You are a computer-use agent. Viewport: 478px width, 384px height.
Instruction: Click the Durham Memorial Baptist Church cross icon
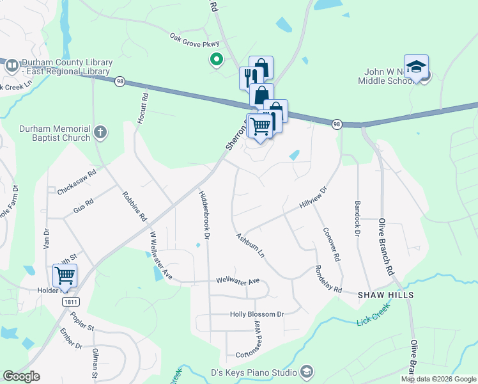100,132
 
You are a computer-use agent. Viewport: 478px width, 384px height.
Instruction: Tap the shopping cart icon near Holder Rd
65,276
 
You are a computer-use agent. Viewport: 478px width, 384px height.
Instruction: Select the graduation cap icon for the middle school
416,67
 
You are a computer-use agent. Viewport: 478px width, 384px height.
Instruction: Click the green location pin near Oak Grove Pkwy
217,60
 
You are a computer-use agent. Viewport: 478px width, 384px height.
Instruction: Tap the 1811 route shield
70,301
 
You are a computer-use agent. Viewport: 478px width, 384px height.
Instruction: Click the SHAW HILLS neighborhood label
385,295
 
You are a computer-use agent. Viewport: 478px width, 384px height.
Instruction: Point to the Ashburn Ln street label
250,245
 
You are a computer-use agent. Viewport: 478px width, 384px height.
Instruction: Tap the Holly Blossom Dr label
257,314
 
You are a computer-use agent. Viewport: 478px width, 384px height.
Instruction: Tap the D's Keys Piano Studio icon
307,372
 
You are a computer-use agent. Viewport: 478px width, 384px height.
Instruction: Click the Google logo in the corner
21,376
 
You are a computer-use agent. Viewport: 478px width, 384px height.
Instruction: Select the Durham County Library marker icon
12,65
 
